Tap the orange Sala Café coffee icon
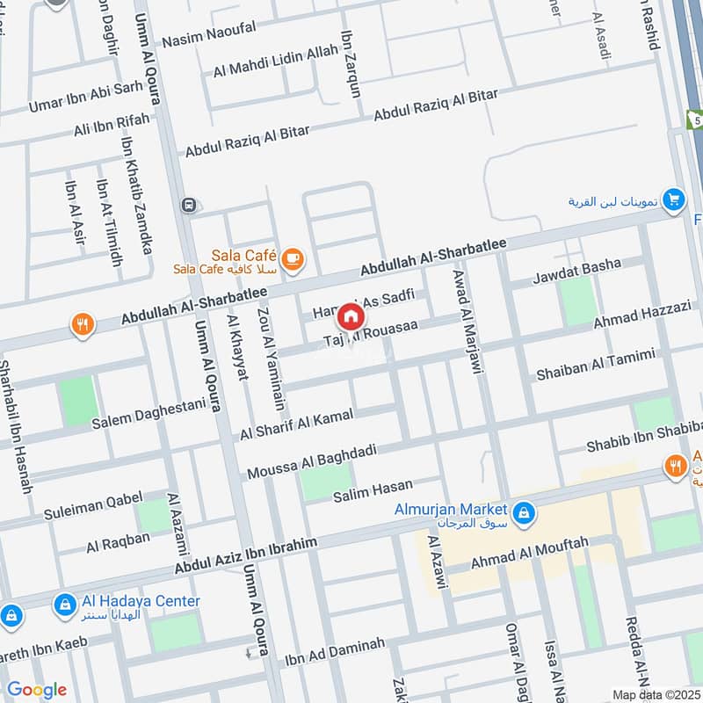[292, 258]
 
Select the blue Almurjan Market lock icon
[523, 511]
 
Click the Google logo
[36, 690]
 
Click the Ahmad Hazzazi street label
[643, 315]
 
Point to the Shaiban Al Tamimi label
[596, 365]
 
